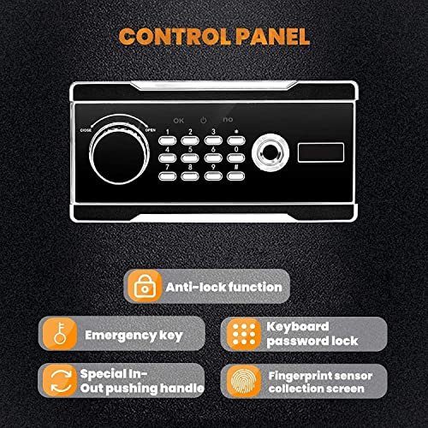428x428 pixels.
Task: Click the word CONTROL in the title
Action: [175, 37]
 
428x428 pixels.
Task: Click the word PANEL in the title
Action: [272, 37]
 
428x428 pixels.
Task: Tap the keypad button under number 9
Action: [213, 176]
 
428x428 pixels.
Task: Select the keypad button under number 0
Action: [236, 158]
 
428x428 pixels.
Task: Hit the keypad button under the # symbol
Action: [236, 176]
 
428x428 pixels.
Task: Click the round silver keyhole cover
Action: [270, 152]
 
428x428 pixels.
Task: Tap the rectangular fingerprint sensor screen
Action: [321, 152]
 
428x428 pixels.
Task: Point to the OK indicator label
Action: [179, 121]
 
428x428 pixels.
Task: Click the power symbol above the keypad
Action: [203, 120]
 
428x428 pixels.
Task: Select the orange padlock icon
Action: [145, 286]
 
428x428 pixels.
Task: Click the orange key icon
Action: [60, 333]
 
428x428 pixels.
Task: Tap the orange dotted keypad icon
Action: [244, 334]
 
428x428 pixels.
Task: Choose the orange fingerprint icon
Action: [244, 381]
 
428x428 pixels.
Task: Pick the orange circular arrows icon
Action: [61, 381]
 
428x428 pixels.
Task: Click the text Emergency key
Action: [134, 336]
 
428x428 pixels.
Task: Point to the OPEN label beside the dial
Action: [151, 130]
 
